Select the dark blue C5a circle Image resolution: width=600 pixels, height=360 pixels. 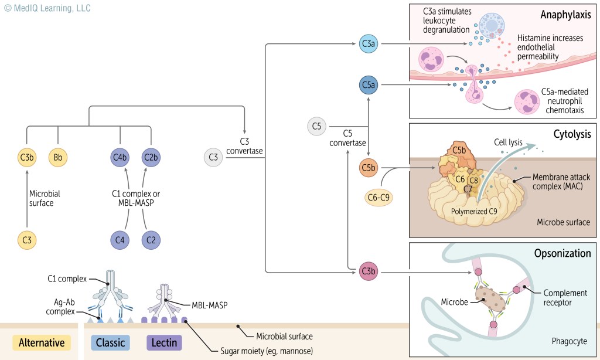coord(368,86)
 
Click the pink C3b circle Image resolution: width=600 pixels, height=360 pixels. coord(368,272)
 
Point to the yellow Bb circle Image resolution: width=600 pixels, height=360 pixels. coord(58,157)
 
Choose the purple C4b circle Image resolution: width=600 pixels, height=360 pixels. coord(120,157)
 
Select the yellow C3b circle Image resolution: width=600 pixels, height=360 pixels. coord(26,157)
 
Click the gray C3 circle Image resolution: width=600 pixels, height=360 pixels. coord(213,157)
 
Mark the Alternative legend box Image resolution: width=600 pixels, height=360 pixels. coord(42,342)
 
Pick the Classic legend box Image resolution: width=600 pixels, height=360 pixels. coord(111,342)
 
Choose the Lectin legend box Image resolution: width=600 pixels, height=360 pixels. coord(163,342)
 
